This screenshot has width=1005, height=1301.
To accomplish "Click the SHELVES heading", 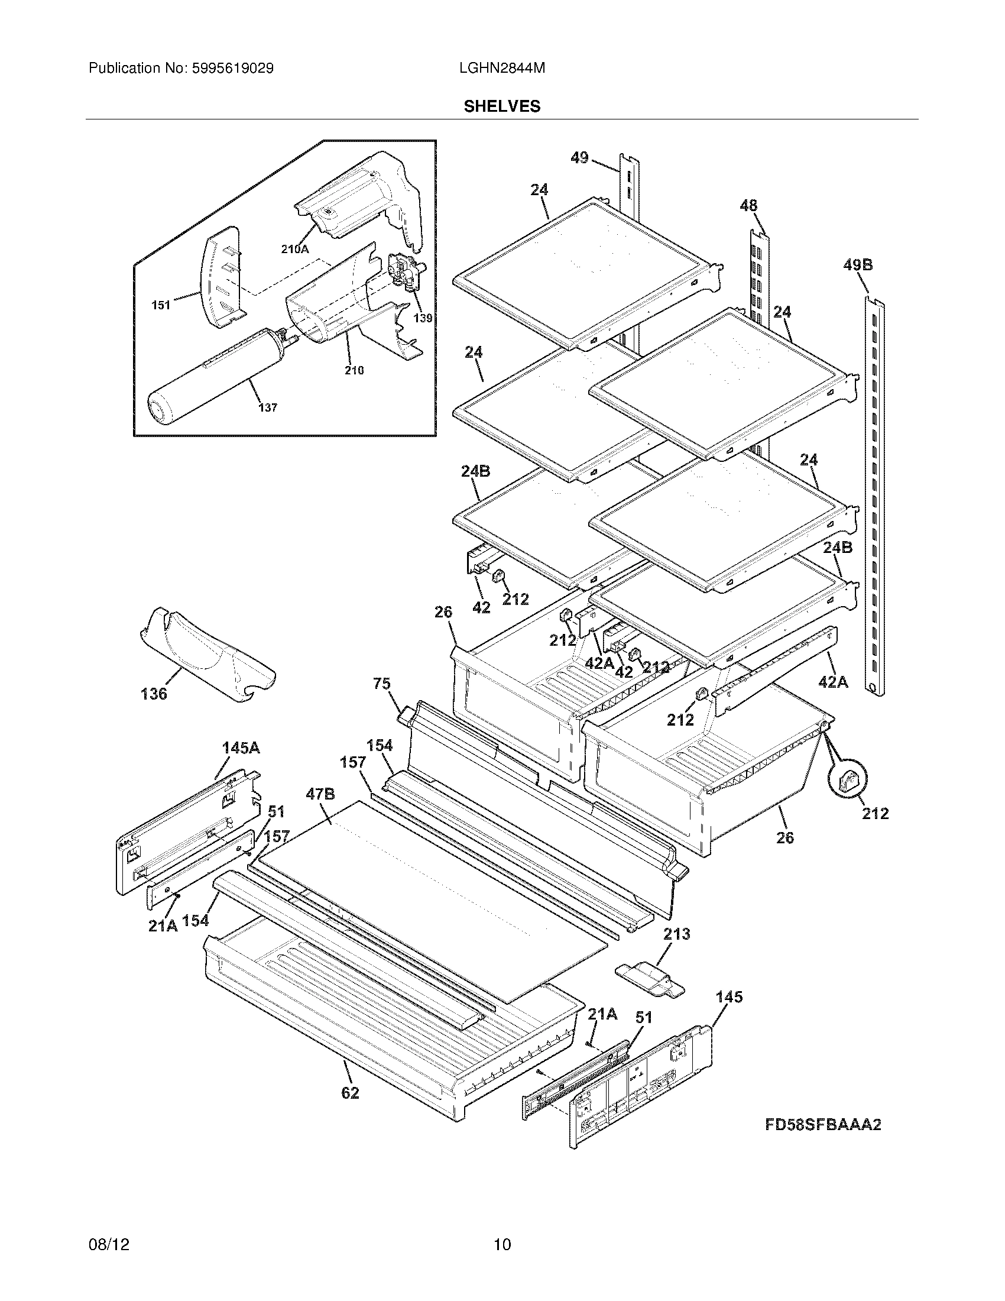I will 502,106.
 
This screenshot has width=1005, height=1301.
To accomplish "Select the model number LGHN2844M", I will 502,69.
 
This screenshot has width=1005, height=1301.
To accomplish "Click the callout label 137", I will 267,408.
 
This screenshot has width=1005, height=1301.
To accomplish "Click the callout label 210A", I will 295,250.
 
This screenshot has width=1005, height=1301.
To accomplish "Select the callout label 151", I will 161,306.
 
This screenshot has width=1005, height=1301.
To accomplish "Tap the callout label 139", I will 423,318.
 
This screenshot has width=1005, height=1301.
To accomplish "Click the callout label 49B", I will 857,265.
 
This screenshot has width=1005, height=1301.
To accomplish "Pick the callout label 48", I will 748,206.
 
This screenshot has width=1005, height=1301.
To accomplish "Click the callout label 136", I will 154,694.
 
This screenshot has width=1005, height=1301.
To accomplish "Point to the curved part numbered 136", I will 208,655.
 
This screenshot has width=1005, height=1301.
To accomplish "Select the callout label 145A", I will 241,748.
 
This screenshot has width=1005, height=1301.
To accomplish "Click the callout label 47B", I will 320,794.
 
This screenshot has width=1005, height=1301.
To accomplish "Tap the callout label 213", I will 676,934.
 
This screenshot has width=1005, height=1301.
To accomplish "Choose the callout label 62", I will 350,1093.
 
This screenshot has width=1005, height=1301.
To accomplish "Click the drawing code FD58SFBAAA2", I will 823,1125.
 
